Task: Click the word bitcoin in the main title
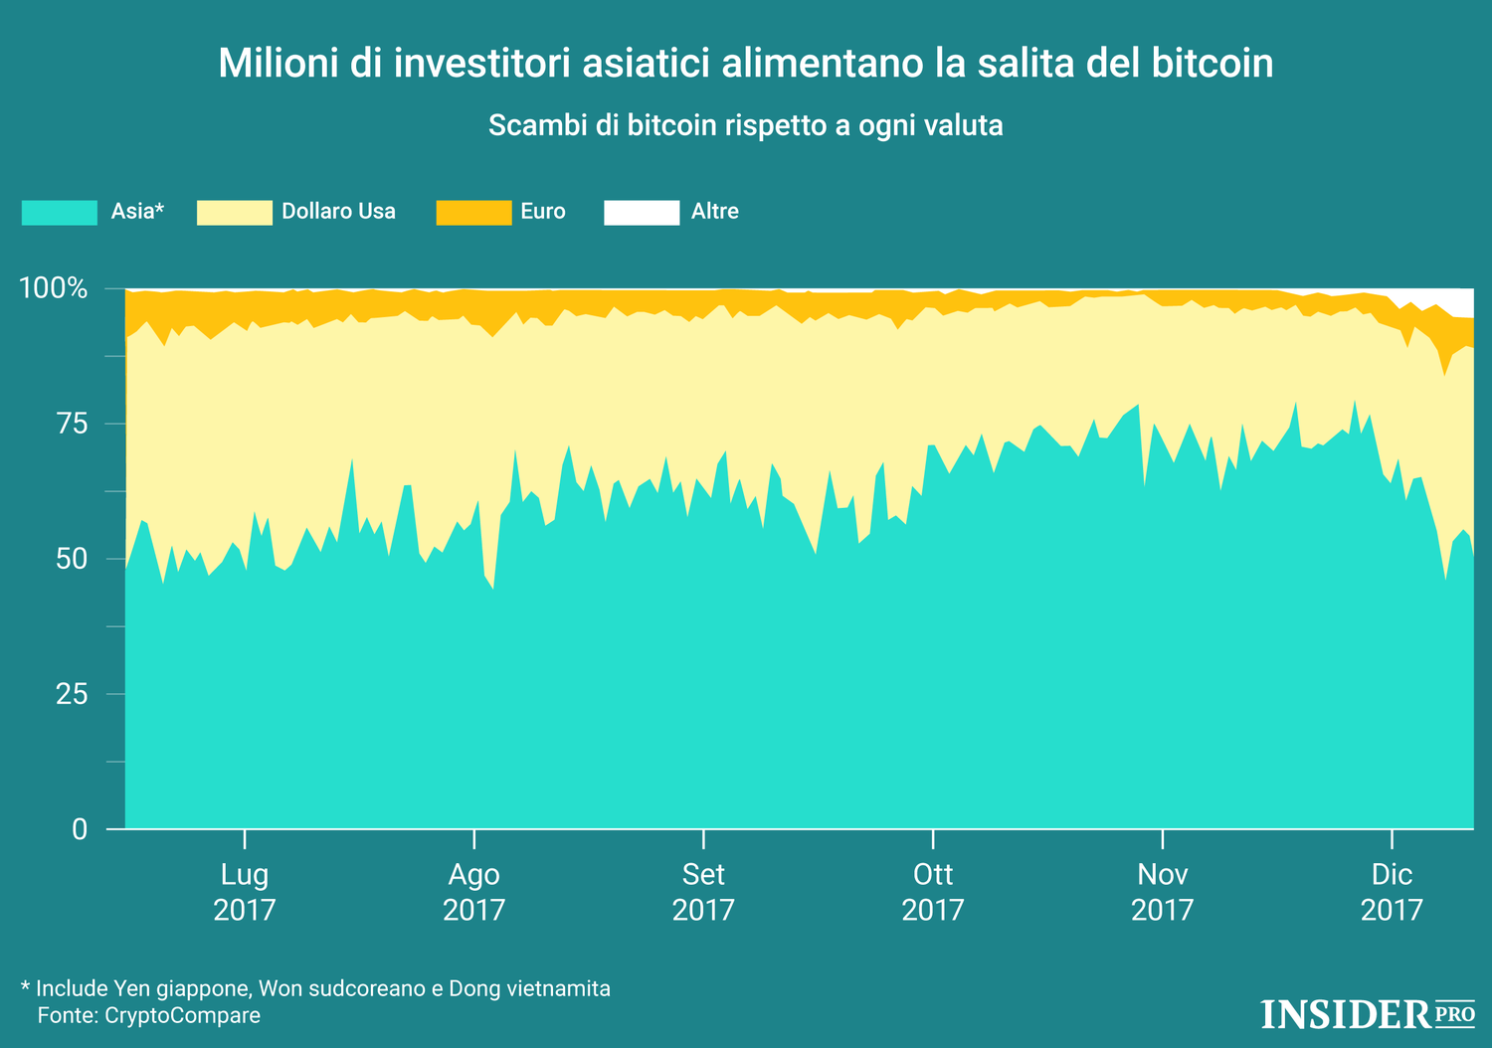(x=1212, y=64)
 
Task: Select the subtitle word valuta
(x=963, y=126)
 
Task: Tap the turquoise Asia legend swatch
(x=60, y=212)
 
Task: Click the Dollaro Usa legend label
(x=338, y=212)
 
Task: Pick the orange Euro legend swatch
(x=473, y=212)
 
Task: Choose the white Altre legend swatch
(x=642, y=212)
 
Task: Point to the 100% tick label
(x=54, y=289)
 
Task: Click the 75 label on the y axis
(x=72, y=425)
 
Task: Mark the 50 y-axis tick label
(x=72, y=559)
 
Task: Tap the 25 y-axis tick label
(x=72, y=694)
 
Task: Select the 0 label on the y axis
(x=80, y=829)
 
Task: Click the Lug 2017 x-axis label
(x=245, y=892)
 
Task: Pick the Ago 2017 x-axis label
(x=474, y=892)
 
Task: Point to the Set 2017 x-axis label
(x=703, y=892)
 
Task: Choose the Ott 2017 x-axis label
(x=933, y=892)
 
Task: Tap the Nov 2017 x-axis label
(x=1162, y=892)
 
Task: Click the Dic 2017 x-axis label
(x=1392, y=892)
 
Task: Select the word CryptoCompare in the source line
(x=182, y=1016)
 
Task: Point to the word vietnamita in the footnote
(x=558, y=989)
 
